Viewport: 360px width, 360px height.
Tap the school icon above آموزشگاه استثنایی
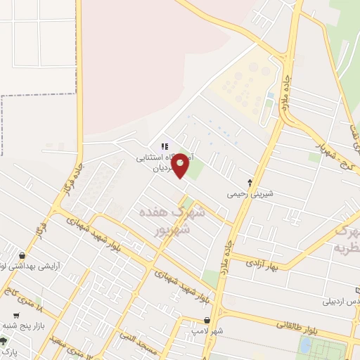point(165,146)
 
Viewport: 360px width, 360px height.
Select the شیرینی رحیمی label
point(249,193)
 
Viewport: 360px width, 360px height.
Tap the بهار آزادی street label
point(263,265)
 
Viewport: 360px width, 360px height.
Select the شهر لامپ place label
point(207,330)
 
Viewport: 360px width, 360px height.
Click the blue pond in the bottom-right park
point(305,345)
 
